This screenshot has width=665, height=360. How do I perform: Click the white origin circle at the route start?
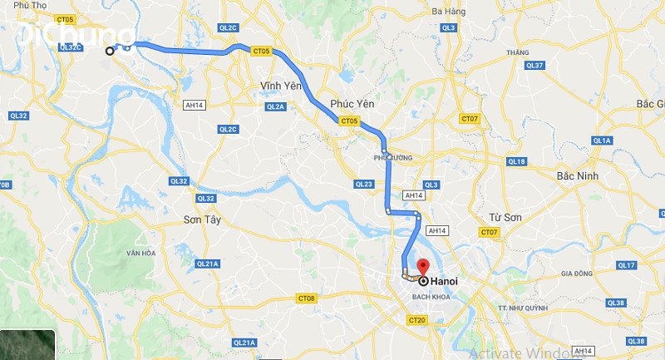click(110, 52)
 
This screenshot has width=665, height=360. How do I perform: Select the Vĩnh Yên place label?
click(280, 86)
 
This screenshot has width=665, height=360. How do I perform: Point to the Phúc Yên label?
click(352, 103)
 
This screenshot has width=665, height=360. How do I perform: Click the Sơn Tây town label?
click(199, 219)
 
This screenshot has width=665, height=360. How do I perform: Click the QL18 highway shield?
click(516, 161)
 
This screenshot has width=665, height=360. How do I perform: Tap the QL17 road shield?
click(628, 265)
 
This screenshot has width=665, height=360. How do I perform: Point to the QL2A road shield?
click(276, 107)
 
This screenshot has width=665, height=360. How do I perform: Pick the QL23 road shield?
click(363, 184)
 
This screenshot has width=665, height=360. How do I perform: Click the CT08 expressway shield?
click(307, 298)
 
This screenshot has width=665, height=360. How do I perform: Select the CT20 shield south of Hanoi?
click(416, 319)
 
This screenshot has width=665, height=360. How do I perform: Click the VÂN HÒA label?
click(140, 253)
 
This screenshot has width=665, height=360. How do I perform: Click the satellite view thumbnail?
click(27, 345)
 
